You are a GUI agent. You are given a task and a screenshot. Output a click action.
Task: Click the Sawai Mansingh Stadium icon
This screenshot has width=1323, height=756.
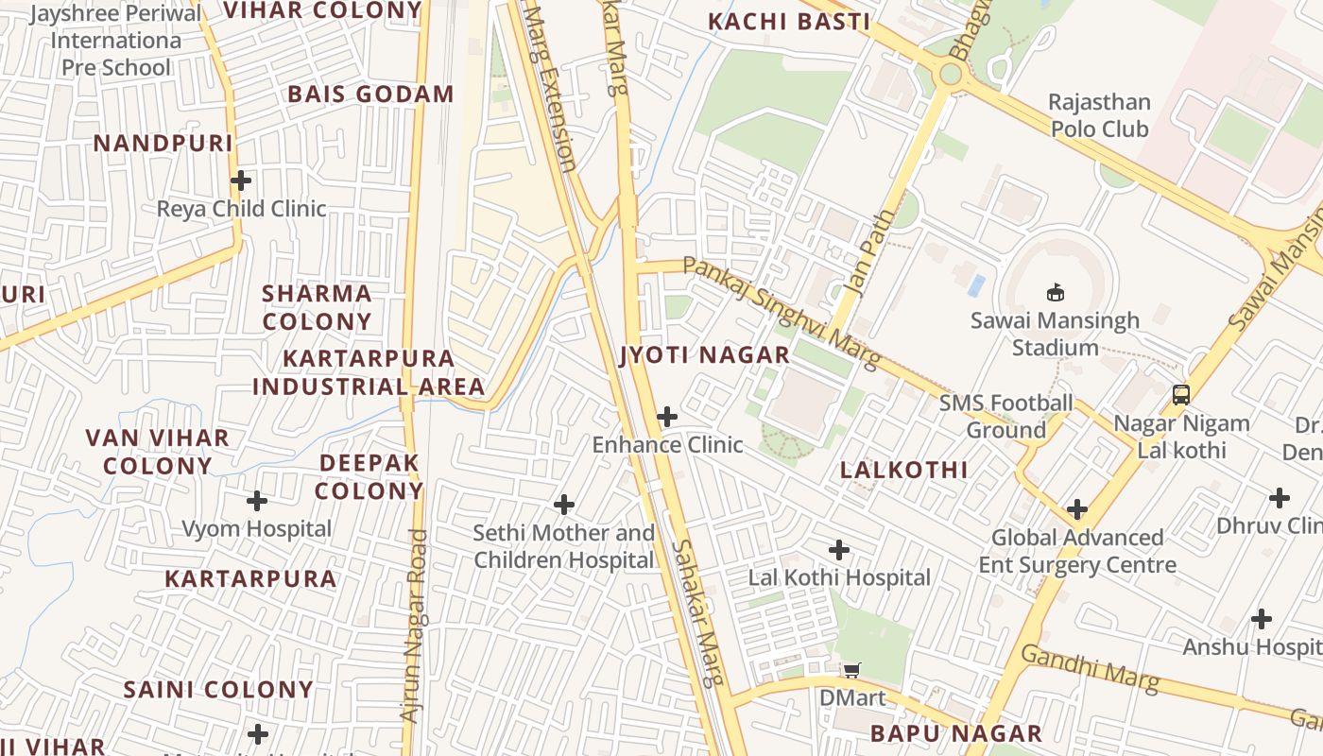point(1056,293)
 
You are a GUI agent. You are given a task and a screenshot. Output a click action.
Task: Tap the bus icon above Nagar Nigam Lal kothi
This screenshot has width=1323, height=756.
point(1180,395)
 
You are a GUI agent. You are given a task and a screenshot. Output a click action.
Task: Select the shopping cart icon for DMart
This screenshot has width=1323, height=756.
point(851,670)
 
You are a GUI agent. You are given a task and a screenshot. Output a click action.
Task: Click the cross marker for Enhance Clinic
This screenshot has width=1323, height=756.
point(667,416)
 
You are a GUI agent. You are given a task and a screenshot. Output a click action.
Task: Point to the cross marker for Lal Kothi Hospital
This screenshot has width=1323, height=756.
point(838,549)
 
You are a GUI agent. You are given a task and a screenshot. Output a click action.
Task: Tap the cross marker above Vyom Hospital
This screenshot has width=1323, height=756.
point(256,500)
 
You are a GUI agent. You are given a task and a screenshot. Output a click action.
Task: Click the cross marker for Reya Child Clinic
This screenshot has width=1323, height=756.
point(241,180)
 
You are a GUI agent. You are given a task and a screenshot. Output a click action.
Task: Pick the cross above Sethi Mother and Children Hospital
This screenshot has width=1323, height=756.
point(564,505)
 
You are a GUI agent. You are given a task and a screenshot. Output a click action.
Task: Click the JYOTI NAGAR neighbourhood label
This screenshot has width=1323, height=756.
point(704,355)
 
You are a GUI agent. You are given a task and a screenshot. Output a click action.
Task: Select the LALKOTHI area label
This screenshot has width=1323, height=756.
point(903,470)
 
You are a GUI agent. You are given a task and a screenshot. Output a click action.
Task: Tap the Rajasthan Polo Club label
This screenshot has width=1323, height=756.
point(1099,115)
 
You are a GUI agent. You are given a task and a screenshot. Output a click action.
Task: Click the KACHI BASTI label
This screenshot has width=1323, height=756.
point(788,21)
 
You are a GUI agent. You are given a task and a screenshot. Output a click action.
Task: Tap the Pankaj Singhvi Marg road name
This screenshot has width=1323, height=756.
point(782,312)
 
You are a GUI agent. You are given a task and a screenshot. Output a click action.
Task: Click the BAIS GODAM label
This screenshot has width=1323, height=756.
point(370,94)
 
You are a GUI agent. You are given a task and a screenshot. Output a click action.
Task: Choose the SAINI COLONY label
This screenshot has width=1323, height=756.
point(218,690)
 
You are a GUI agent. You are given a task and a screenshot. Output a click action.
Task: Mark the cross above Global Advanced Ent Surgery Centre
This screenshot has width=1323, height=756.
point(1077,510)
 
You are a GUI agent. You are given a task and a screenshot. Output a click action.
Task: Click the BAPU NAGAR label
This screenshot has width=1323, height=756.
point(955,733)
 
